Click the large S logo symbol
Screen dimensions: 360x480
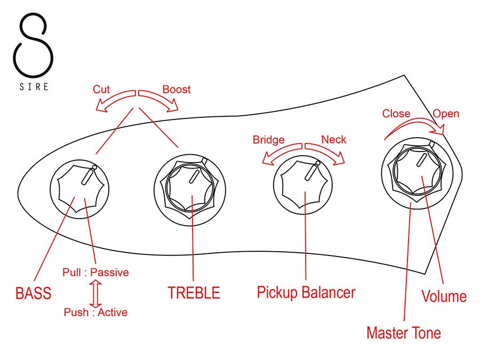click(33, 44)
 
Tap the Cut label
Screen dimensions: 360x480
click(101, 89)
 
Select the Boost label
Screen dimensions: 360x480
click(176, 89)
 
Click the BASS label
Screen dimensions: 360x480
click(33, 293)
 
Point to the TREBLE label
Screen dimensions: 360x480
click(194, 293)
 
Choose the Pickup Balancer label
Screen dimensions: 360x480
click(306, 292)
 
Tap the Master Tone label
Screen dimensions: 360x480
click(404, 333)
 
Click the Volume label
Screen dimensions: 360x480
click(444, 297)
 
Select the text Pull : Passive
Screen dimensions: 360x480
click(95, 273)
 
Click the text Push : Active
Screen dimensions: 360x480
click(95, 313)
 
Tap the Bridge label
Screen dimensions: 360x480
click(268, 140)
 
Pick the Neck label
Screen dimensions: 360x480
click(334, 140)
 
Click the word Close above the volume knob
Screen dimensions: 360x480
click(396, 114)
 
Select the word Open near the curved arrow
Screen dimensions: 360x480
click(446, 114)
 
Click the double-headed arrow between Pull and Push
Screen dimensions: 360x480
click(95, 293)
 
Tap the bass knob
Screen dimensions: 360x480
click(79, 189)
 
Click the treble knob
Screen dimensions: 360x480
click(191, 187)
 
